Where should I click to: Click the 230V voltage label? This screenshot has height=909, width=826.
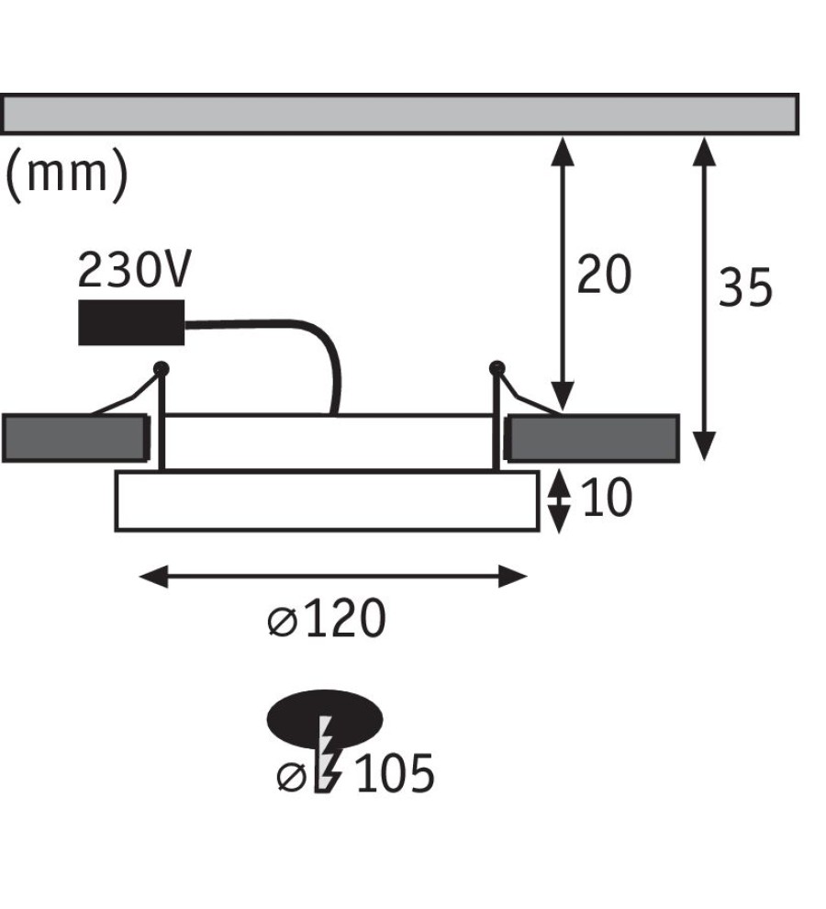[x=134, y=270]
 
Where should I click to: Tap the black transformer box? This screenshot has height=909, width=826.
[x=131, y=322]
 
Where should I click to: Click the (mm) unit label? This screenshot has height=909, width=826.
[x=66, y=174]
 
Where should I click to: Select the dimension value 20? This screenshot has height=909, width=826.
[x=603, y=275]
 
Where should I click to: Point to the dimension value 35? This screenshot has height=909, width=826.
[x=745, y=287]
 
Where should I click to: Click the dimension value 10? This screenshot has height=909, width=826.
[x=607, y=498]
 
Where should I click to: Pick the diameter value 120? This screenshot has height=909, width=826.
[x=344, y=619]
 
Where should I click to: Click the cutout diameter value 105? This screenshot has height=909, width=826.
[x=394, y=773]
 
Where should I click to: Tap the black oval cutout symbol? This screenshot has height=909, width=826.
[x=325, y=719]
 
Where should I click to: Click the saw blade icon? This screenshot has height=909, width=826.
[x=328, y=754]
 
